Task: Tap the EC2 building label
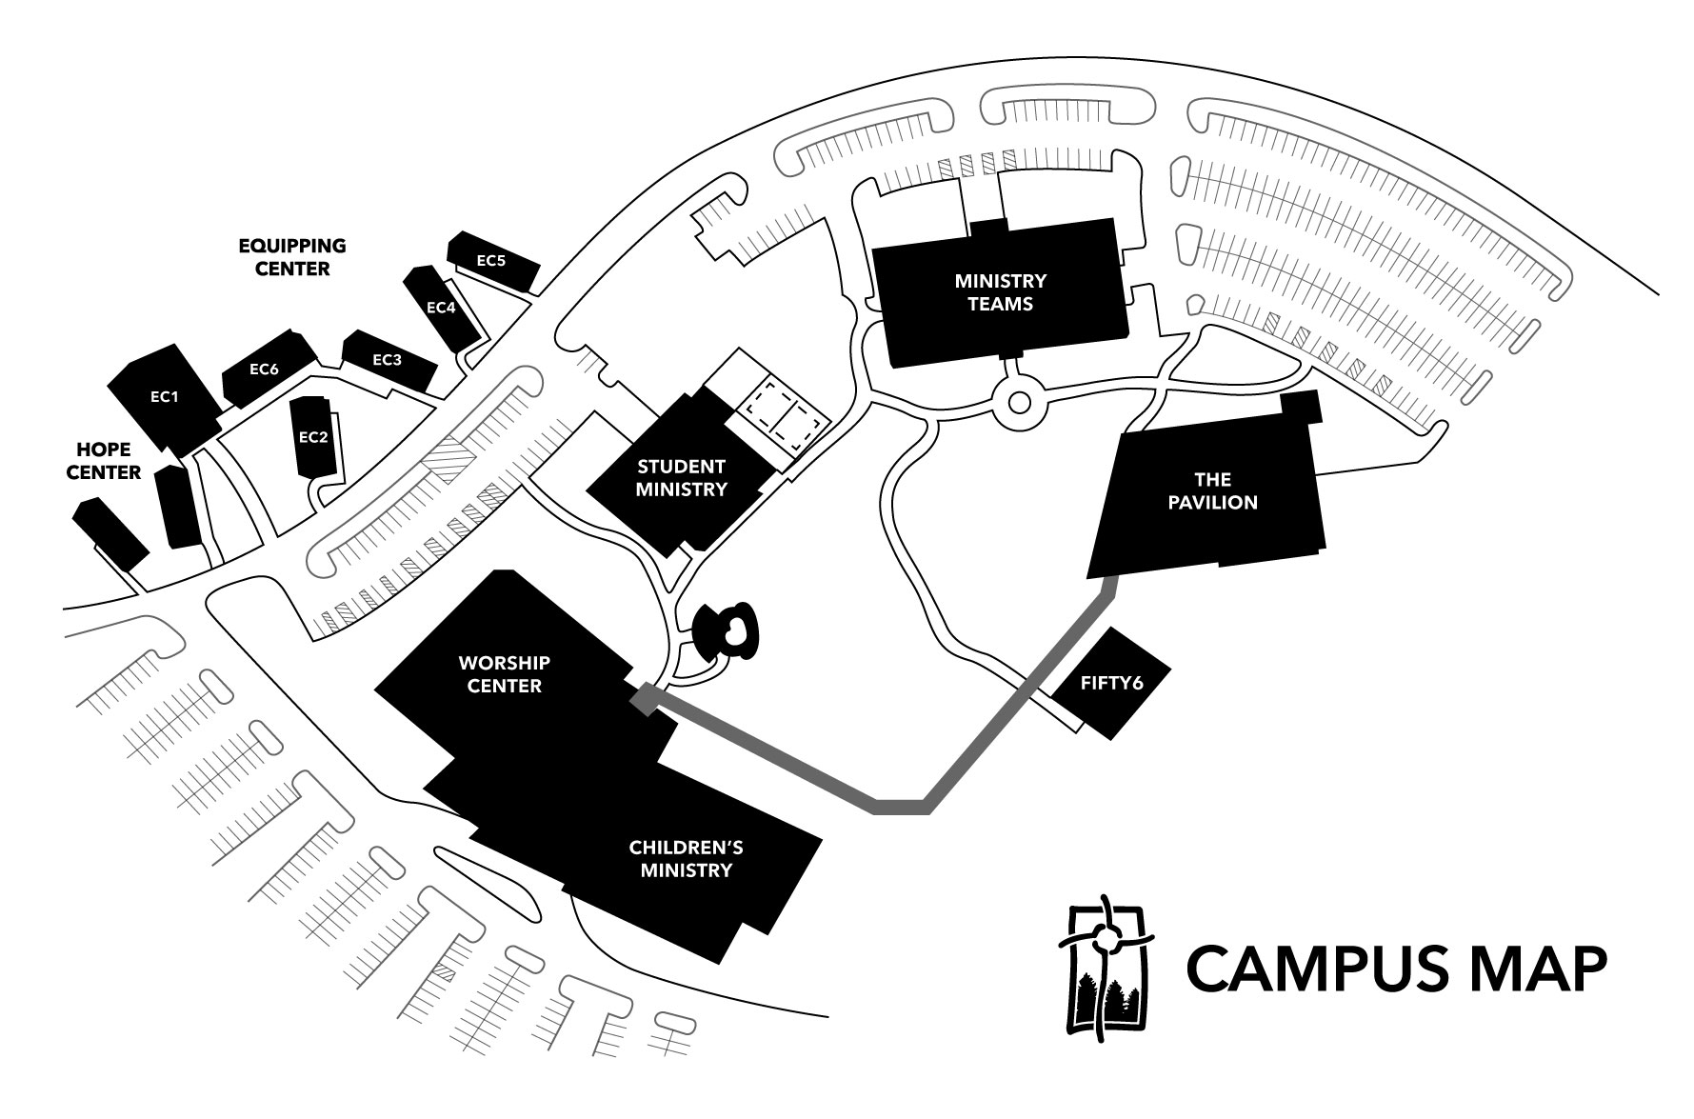pyautogui.click(x=313, y=437)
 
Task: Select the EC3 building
pyautogui.click(x=388, y=360)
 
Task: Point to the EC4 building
pyautogui.click(x=442, y=308)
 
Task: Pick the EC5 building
pyautogui.click(x=491, y=259)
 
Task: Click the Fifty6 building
pyautogui.click(x=1110, y=683)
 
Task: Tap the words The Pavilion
pyautogui.click(x=1212, y=490)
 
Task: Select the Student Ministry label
pyautogui.click(x=681, y=478)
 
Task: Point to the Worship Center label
pyautogui.click(x=504, y=673)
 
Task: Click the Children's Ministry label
pyautogui.click(x=686, y=858)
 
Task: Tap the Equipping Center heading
pyautogui.click(x=292, y=257)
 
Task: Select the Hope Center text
pyautogui.click(x=108, y=460)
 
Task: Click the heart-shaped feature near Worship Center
pyautogui.click(x=735, y=629)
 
